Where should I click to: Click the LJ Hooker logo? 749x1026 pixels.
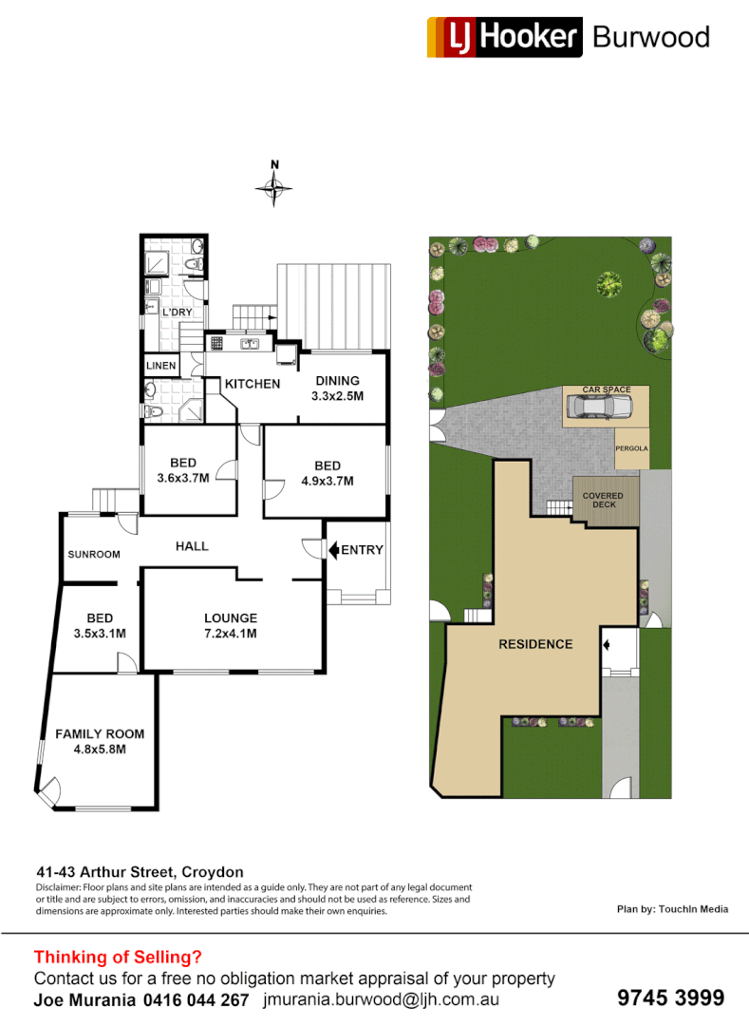(503, 37)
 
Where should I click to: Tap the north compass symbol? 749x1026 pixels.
(274, 188)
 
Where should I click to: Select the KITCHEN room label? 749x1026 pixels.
(253, 384)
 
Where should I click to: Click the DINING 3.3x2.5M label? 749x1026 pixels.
(337, 389)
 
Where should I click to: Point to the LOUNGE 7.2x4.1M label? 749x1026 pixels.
(231, 626)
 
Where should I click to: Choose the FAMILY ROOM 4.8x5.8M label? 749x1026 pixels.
(99, 741)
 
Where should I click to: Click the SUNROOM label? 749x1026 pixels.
(93, 555)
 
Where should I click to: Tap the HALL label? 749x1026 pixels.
(192, 546)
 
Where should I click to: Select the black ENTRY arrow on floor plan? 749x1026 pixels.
(333, 549)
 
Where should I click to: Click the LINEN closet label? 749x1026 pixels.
(159, 366)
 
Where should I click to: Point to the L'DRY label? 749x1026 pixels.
(178, 313)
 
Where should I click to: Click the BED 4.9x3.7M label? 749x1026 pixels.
(327, 473)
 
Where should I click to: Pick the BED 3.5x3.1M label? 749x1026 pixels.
(99, 626)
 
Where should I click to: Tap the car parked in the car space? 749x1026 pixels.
(598, 407)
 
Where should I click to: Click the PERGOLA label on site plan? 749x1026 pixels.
(631, 446)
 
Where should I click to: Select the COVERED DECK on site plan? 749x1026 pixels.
(604, 500)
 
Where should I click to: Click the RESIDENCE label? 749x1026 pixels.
(536, 644)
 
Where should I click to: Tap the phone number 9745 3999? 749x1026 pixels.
(670, 998)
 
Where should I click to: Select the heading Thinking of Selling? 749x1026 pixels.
(118, 958)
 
